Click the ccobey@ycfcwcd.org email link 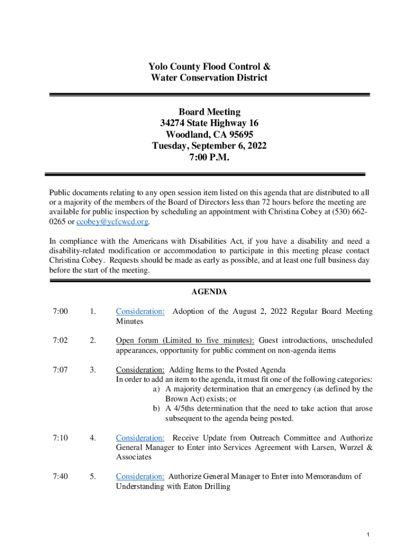coord(112,221)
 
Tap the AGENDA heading coord(209,292)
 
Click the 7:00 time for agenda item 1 coord(60,312)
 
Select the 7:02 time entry coord(60,341)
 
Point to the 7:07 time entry coord(60,370)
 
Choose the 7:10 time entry coord(60,438)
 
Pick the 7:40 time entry coord(60,477)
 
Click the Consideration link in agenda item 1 coord(140,312)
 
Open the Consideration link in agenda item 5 coord(140,477)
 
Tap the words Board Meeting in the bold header coord(209,112)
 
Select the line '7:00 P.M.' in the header coord(209,158)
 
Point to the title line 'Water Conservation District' coord(209,78)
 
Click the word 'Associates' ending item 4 coord(134,457)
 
